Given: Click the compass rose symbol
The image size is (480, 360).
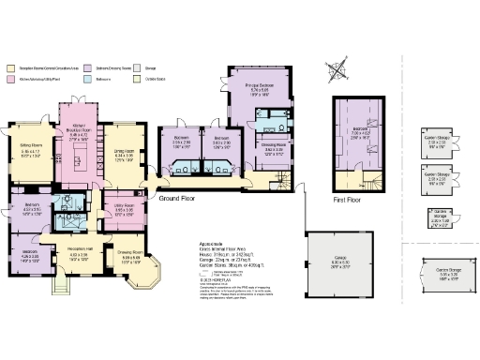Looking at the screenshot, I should (x=337, y=69).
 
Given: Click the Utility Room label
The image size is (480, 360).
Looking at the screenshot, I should (x=126, y=209).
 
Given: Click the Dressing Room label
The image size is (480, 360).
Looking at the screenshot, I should (x=272, y=146).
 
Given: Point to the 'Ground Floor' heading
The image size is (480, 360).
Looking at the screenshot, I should (x=175, y=200).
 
